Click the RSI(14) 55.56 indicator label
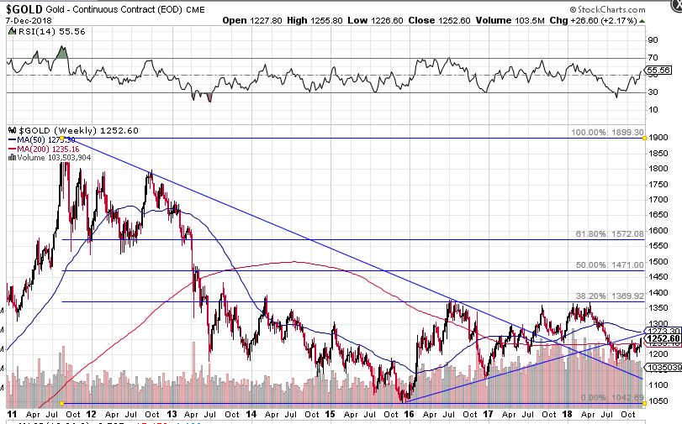42,30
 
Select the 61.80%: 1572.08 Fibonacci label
609,233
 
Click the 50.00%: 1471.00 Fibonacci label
609,264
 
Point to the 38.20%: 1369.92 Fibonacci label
609,296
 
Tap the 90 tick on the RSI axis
653,39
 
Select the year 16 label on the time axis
409,414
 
